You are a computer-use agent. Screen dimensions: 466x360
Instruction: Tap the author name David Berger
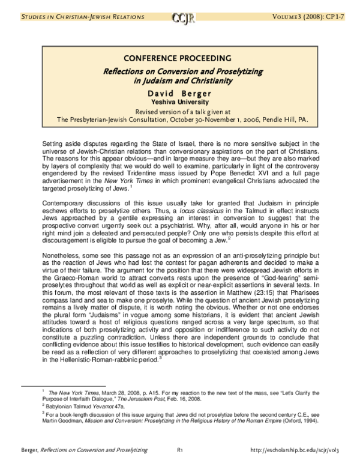tap(179, 93)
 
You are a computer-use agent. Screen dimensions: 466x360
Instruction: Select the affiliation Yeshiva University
tap(179, 102)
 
